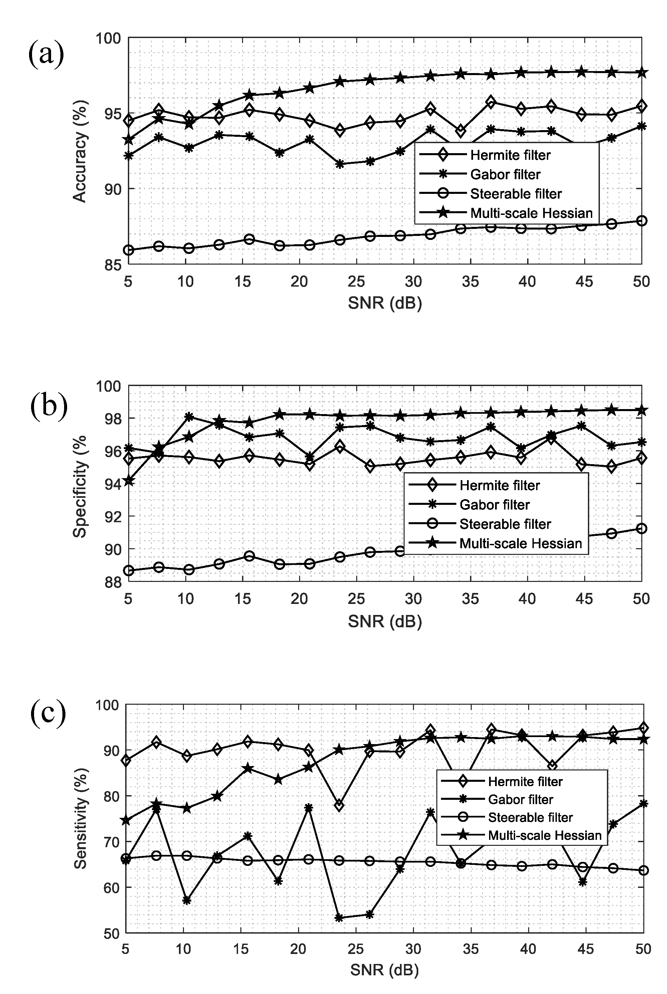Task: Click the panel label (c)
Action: pyautogui.click(x=48, y=713)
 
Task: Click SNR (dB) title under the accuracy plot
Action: pyautogui.click(x=385, y=303)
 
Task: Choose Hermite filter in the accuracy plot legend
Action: pyautogui.click(x=510, y=155)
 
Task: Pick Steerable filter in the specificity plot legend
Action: pyautogui.click(x=505, y=524)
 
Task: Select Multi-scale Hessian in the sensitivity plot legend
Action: pyautogui.click(x=544, y=836)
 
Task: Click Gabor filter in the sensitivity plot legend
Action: pyautogui.click(x=520, y=800)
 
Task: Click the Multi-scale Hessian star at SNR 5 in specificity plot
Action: pyautogui.click(x=129, y=481)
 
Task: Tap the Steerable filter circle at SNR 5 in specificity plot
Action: pyautogui.click(x=129, y=571)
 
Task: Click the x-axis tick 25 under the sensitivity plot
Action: pyautogui.click(x=356, y=949)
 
